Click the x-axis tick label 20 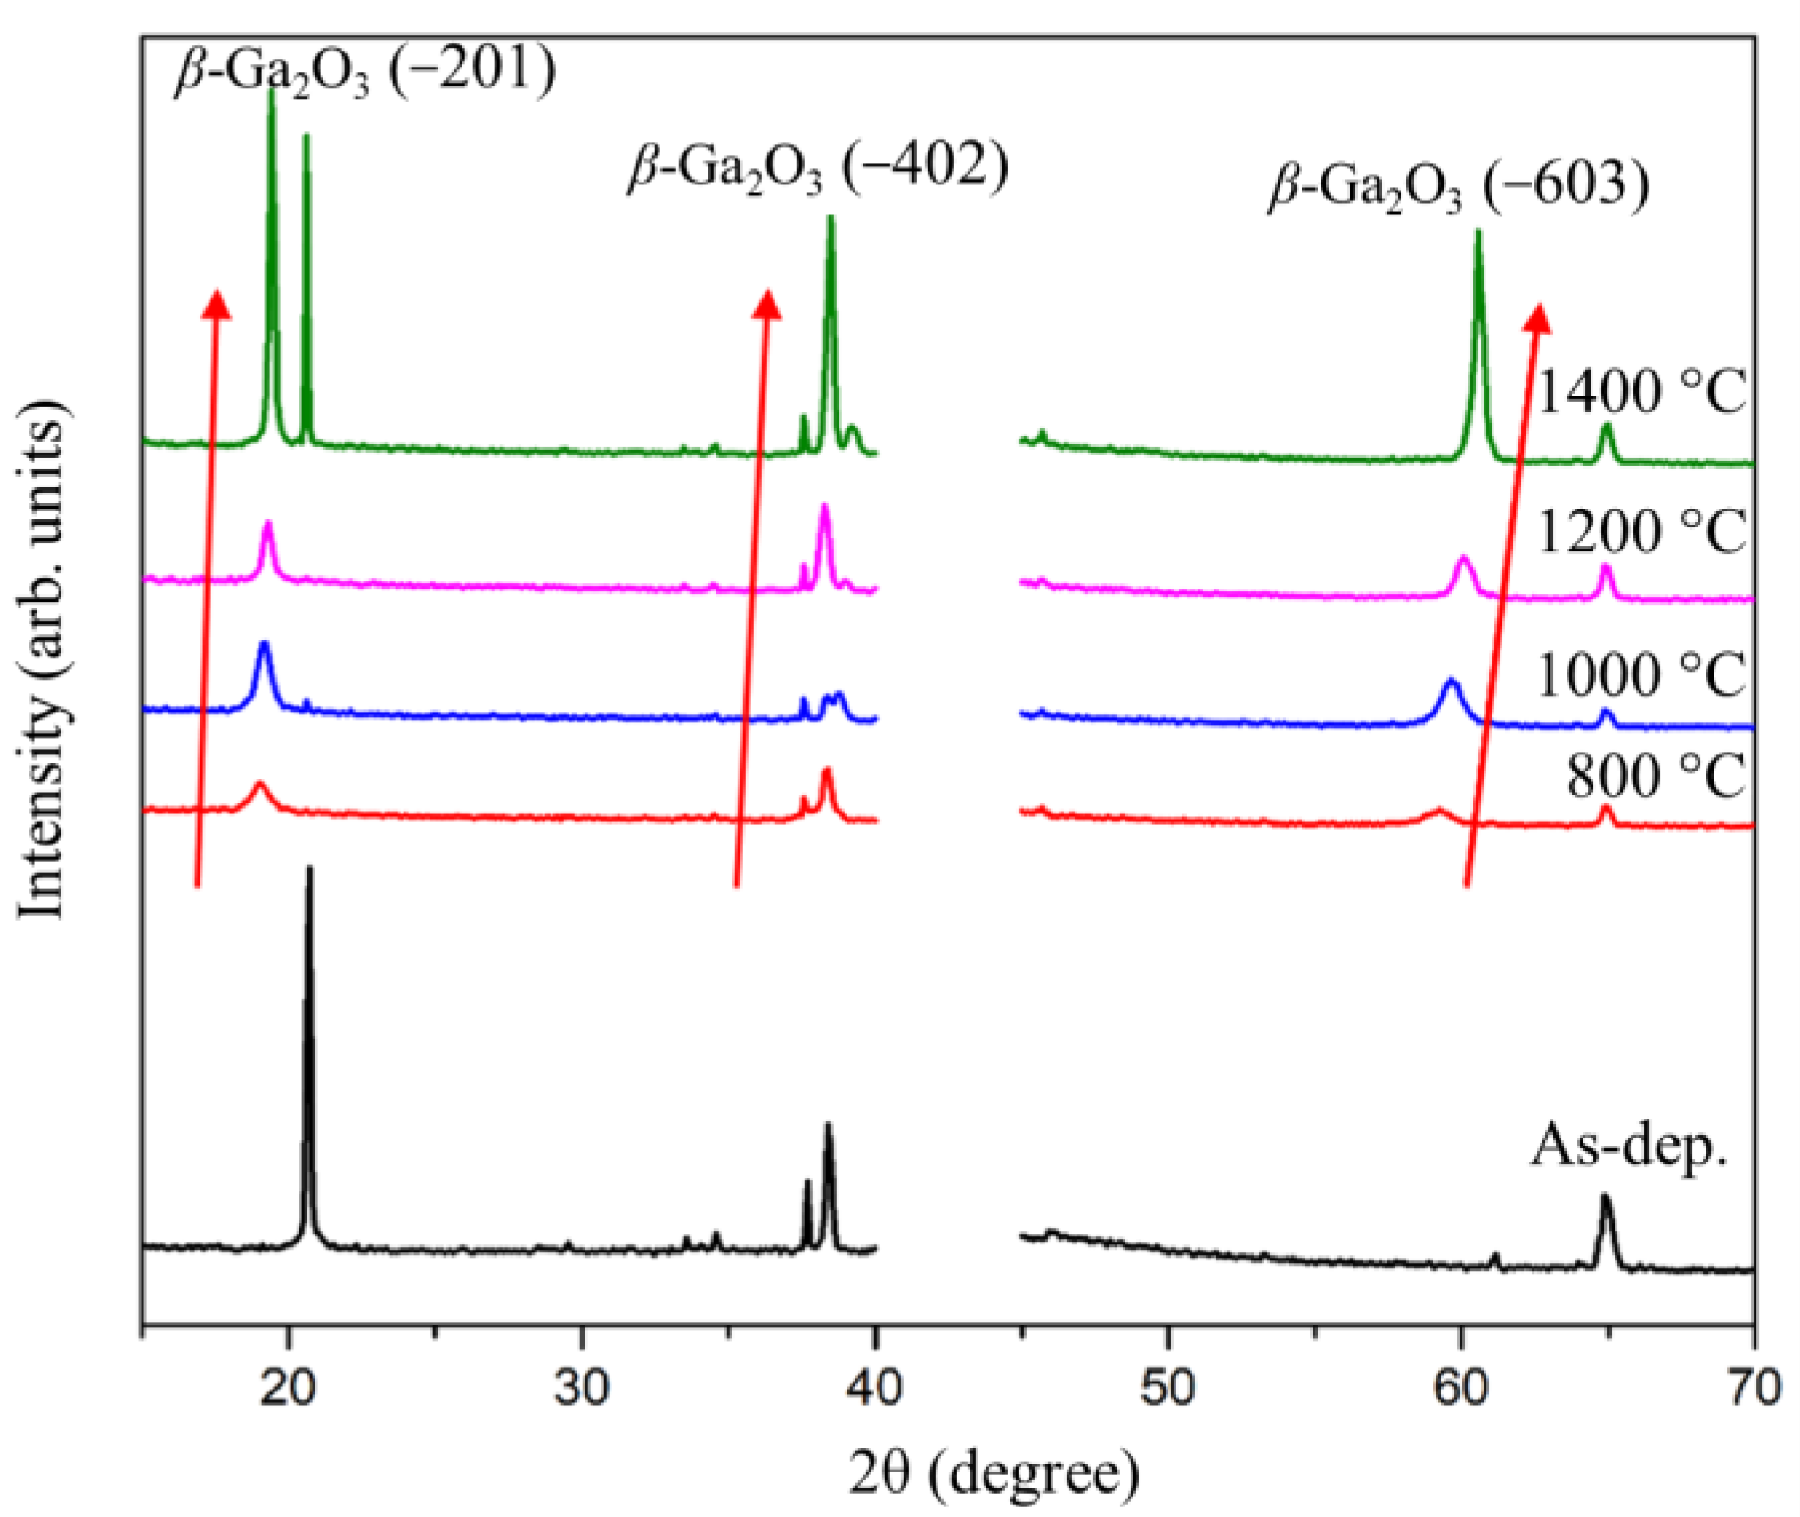click(x=288, y=1388)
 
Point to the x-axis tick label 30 click(x=582, y=1388)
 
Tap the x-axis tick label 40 click(x=874, y=1388)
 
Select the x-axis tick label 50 click(x=1167, y=1388)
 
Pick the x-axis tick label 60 click(x=1461, y=1388)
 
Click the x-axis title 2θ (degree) click(x=994, y=1472)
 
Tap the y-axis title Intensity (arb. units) click(x=43, y=659)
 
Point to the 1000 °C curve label click(x=1640, y=673)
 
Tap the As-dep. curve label click(x=1630, y=1146)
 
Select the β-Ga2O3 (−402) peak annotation click(x=818, y=167)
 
